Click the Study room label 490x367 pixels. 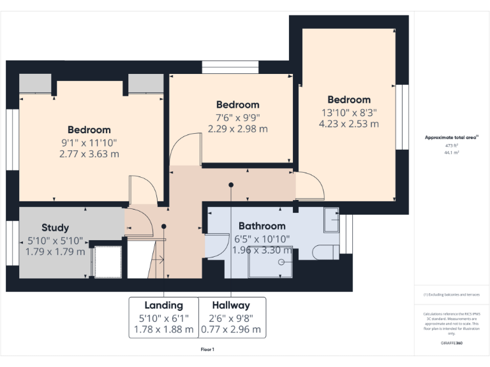[x=55, y=227]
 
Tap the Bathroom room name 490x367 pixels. [x=262, y=226]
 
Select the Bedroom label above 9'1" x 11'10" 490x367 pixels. [x=89, y=130]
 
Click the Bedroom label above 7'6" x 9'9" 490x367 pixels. [x=237, y=105]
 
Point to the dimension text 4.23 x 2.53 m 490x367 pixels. [x=348, y=124]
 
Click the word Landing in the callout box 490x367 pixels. [x=163, y=305]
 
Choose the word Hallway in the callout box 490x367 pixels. [x=231, y=305]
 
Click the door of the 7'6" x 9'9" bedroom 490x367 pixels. [x=184, y=150]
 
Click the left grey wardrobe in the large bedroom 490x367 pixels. [x=35, y=83]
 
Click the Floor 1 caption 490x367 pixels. [x=207, y=350]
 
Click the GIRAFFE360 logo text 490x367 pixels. [x=452, y=343]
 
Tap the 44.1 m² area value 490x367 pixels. [x=452, y=153]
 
